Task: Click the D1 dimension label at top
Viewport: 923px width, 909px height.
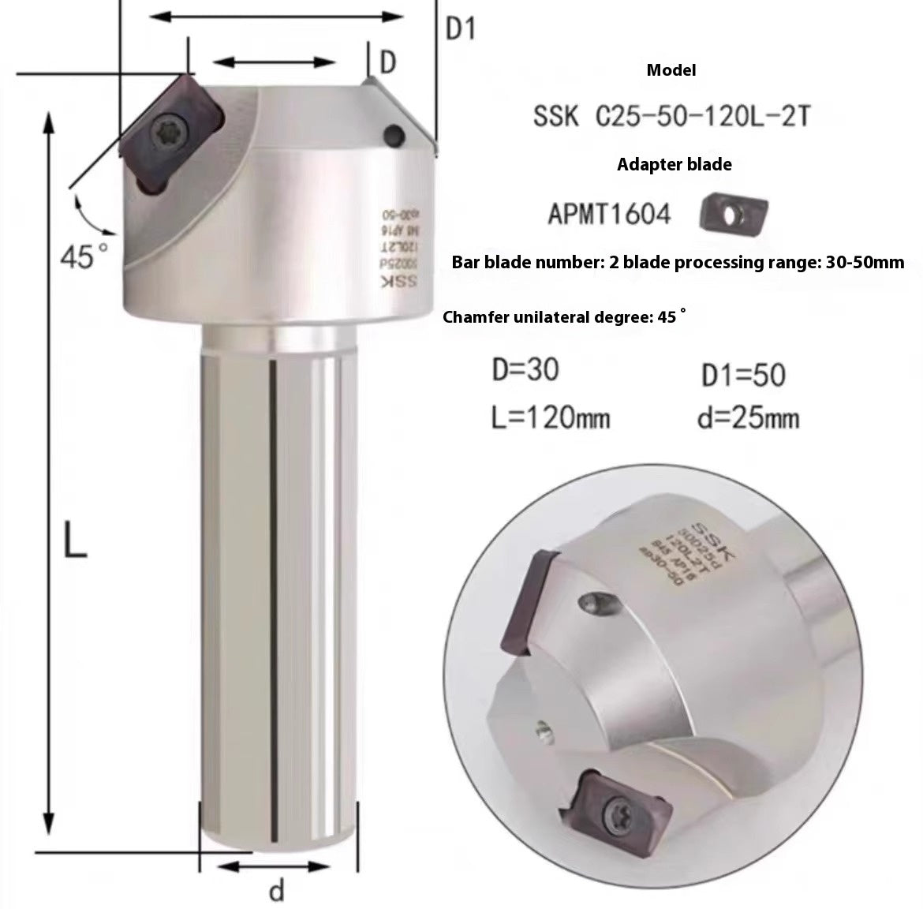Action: point(461,29)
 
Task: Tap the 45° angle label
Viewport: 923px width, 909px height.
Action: point(85,255)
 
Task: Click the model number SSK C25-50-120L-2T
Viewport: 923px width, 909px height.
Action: point(671,118)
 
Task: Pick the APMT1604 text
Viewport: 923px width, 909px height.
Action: point(609,213)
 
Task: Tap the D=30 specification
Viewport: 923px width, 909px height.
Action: point(525,369)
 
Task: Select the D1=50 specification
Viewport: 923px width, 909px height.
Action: point(743,375)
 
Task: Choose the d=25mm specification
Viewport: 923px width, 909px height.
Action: point(748,417)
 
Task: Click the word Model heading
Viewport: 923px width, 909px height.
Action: point(671,70)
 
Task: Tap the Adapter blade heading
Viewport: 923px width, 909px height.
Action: point(674,165)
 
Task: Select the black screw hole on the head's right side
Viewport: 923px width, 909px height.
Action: point(392,133)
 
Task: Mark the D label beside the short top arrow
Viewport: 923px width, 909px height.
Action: point(387,62)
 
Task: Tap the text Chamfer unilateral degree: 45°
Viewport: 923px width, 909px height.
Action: point(564,317)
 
